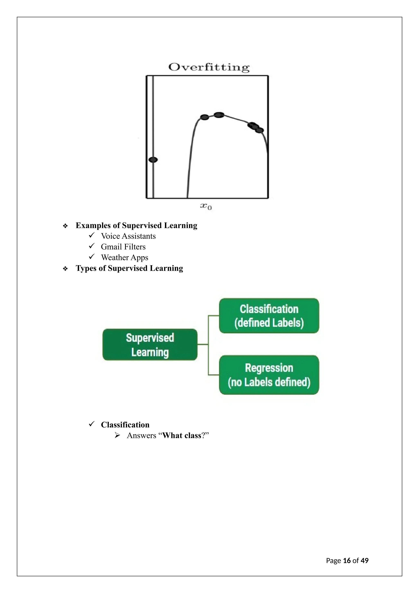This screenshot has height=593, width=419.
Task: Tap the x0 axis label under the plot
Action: (206, 206)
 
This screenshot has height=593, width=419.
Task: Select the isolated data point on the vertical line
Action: (153, 160)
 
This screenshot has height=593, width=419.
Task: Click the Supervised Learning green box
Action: (150, 345)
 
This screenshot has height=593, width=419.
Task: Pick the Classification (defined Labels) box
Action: (269, 316)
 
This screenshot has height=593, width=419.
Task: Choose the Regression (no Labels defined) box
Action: (269, 375)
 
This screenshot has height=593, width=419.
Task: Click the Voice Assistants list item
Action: (128, 236)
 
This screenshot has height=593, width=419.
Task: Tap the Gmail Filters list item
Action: (123, 247)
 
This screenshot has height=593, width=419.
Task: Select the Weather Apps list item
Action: (125, 258)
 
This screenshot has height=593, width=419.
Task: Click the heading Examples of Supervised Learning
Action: (136, 225)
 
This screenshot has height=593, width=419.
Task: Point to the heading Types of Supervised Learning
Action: (129, 268)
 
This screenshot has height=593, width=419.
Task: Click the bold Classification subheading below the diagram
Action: (125, 425)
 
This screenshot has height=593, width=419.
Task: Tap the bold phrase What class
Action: (182, 436)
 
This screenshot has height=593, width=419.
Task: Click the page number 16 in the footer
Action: (347, 561)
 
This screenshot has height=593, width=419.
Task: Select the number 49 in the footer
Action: (365, 561)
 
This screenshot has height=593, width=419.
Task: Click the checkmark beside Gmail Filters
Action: (92, 246)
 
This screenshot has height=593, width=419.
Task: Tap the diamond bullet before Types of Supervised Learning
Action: (65, 269)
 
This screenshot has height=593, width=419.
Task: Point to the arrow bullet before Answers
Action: (117, 436)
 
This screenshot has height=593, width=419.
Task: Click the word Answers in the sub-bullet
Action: (141, 436)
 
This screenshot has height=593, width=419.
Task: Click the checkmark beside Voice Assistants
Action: (92, 235)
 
